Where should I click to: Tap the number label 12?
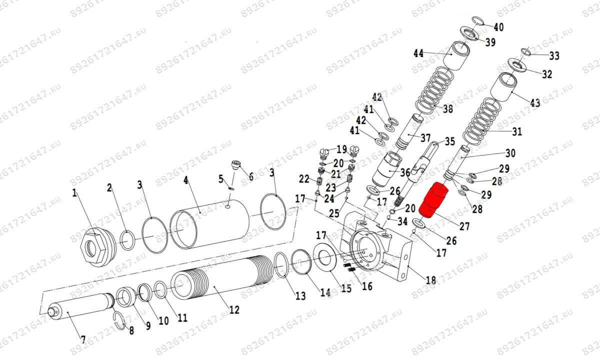(233, 310)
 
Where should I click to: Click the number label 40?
(498, 26)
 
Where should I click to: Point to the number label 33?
(554, 55)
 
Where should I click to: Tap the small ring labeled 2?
(126, 239)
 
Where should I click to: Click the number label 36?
(404, 172)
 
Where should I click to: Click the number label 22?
(304, 179)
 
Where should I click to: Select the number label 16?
(367, 286)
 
